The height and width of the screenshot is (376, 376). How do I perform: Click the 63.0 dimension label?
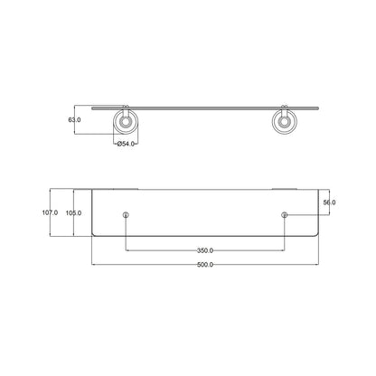point(75,118)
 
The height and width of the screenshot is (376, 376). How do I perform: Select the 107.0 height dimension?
point(50,212)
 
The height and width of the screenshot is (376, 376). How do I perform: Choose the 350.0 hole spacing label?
point(205,250)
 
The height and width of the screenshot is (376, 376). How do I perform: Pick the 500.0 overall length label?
point(205,265)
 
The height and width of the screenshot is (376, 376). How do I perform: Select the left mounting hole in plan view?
point(126,214)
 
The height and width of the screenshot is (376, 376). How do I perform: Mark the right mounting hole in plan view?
point(285,214)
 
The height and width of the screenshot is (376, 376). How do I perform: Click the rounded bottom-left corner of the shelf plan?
point(95,234)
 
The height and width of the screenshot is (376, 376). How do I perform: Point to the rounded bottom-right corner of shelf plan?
point(315,234)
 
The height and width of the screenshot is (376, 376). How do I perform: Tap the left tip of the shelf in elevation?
point(92,107)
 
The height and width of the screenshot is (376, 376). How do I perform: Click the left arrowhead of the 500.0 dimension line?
point(93,265)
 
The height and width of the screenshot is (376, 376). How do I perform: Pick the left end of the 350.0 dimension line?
point(127,250)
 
